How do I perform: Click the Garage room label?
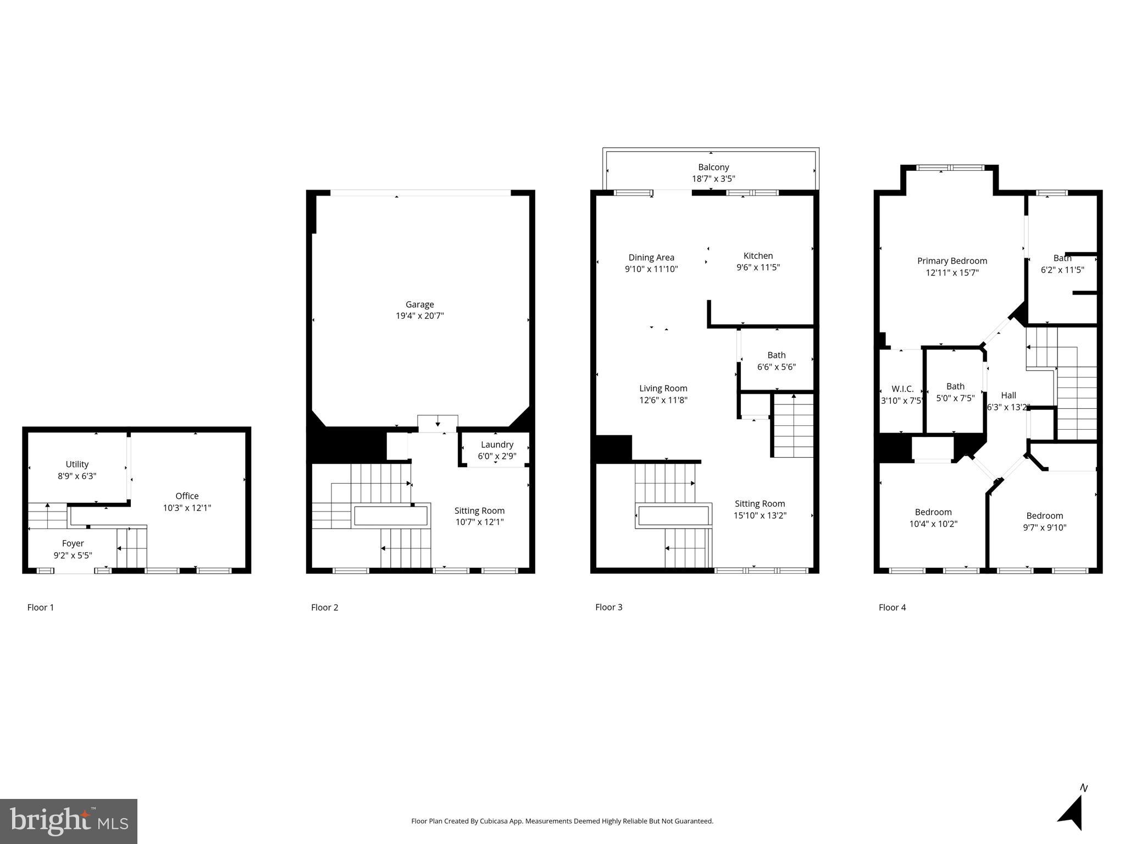point(419,304)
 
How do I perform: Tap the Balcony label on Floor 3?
point(713,167)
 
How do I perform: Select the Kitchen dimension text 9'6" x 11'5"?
point(758,268)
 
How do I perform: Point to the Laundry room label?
point(497,445)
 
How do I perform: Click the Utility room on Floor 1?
point(77,464)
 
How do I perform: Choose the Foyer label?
point(73,543)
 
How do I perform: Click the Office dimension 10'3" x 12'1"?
point(187,508)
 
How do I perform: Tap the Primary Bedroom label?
point(952,261)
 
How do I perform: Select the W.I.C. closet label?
point(902,389)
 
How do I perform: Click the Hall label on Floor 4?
point(1008,395)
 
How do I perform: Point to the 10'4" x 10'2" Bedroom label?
point(933,512)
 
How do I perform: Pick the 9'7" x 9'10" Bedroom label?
point(1044,515)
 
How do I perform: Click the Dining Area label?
point(651,257)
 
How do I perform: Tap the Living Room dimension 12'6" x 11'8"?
point(663,400)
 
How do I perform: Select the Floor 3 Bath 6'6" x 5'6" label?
point(776,355)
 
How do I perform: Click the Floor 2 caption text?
point(324,607)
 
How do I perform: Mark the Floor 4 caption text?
point(892,607)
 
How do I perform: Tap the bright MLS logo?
point(69,821)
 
